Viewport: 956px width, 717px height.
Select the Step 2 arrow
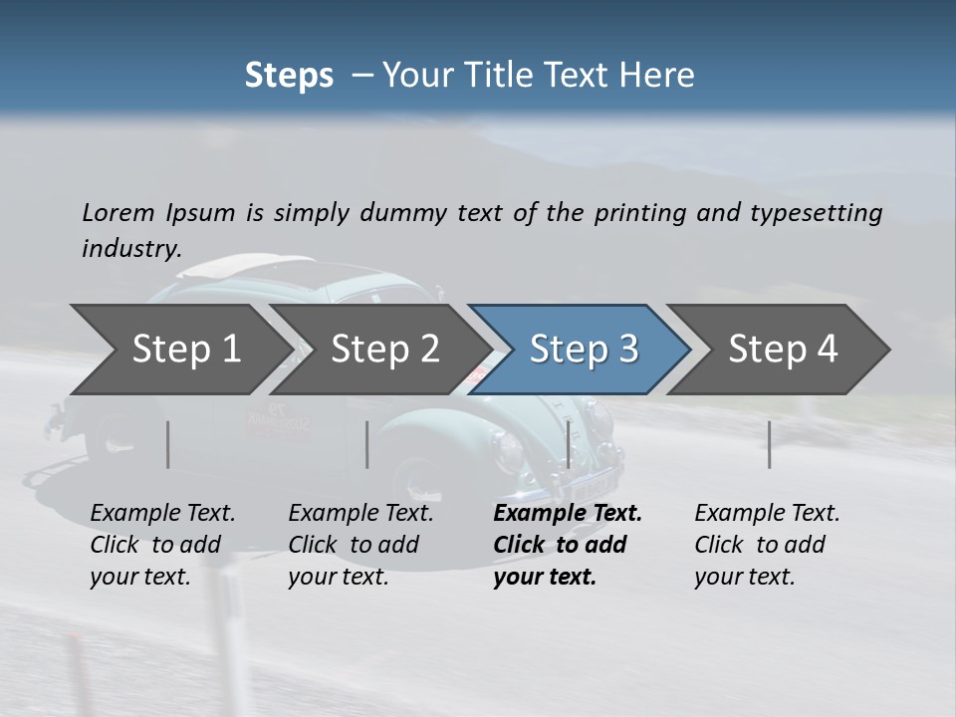coord(383,350)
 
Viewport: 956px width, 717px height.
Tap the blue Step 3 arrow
coord(583,350)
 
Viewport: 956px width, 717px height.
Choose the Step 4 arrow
coord(783,350)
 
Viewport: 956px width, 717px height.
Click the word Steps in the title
coord(289,75)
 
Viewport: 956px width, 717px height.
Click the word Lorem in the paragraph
coord(119,212)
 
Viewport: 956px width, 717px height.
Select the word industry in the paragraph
coord(130,249)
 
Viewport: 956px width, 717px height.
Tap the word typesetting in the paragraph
coord(812,212)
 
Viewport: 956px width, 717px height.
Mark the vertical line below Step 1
coord(168,444)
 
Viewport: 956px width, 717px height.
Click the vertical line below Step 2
coord(367,444)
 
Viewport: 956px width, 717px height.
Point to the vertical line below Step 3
coord(569,444)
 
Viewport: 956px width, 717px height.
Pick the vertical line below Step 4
coord(770,444)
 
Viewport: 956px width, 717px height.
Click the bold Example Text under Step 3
coord(568,513)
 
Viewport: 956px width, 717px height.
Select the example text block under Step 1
coord(162,545)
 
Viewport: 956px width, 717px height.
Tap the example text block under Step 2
coord(360,545)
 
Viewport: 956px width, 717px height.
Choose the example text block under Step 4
coord(767,545)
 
